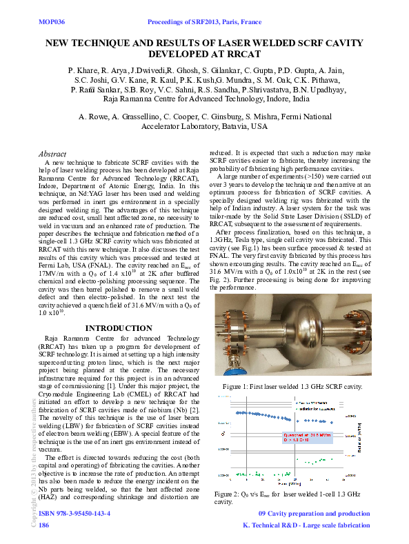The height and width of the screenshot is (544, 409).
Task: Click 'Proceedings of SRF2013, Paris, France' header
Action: pyautogui.click(x=204, y=22)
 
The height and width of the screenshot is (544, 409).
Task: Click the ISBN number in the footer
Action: pyautogui.click(x=75, y=514)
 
